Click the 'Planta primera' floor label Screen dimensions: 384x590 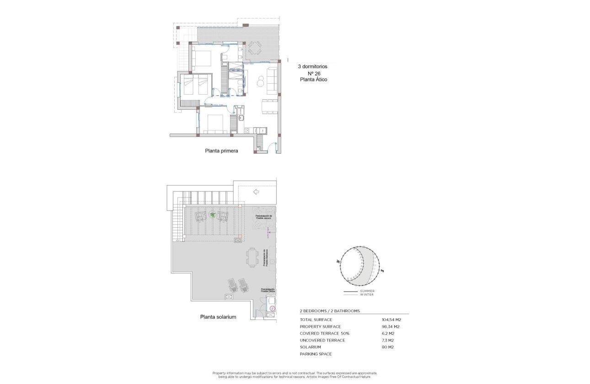tap(221, 150)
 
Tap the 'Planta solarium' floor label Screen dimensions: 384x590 tap(218, 316)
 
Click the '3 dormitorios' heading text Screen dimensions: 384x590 tap(312, 66)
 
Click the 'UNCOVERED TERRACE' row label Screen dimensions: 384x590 tap(322, 340)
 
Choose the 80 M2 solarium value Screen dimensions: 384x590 tap(388, 347)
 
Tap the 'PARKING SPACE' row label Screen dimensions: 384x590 tap(316, 354)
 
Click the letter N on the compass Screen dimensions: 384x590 tap(338, 261)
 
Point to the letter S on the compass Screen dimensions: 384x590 tap(382, 271)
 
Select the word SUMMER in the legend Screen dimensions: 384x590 tap(367, 291)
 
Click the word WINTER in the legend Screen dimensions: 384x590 tap(366, 294)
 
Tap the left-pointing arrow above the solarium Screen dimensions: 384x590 tap(256, 192)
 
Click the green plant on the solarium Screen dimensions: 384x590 tap(212, 214)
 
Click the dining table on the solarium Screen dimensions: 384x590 tap(252, 258)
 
